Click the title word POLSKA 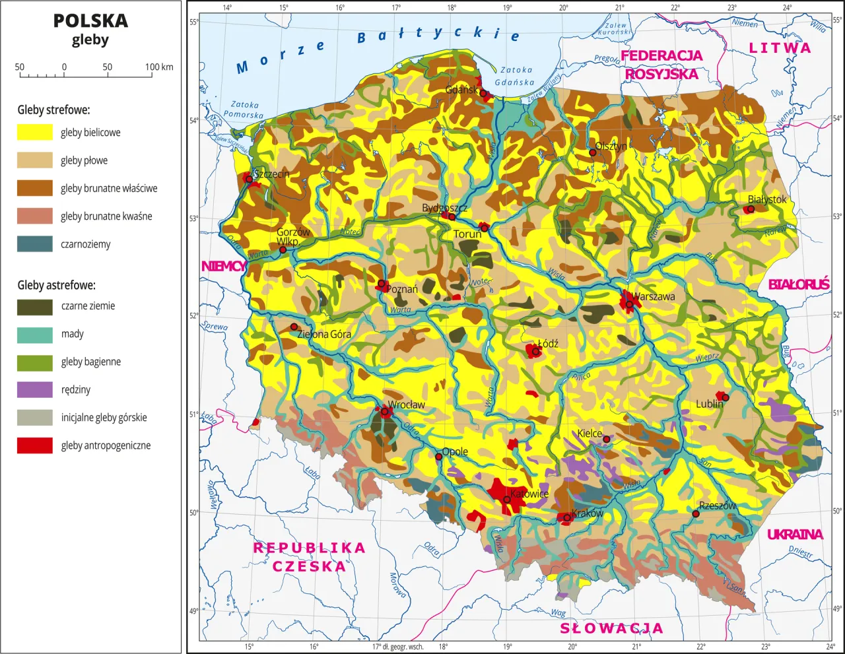[90, 20]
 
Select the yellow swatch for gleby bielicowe [34, 132]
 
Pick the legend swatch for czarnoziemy [34, 244]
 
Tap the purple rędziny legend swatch [34, 389]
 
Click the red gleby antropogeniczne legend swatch [34, 445]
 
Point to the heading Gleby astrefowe [56, 285]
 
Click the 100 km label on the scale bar [159, 67]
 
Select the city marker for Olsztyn [593, 152]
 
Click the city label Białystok [767, 199]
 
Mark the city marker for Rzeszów [696, 513]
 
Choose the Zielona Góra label [324, 334]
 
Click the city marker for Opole [438, 457]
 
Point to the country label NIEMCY [223, 267]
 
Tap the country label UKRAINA [795, 535]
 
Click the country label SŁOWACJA [611, 628]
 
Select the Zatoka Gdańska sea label [515, 76]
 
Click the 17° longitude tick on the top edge [396, 8]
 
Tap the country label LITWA [780, 48]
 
